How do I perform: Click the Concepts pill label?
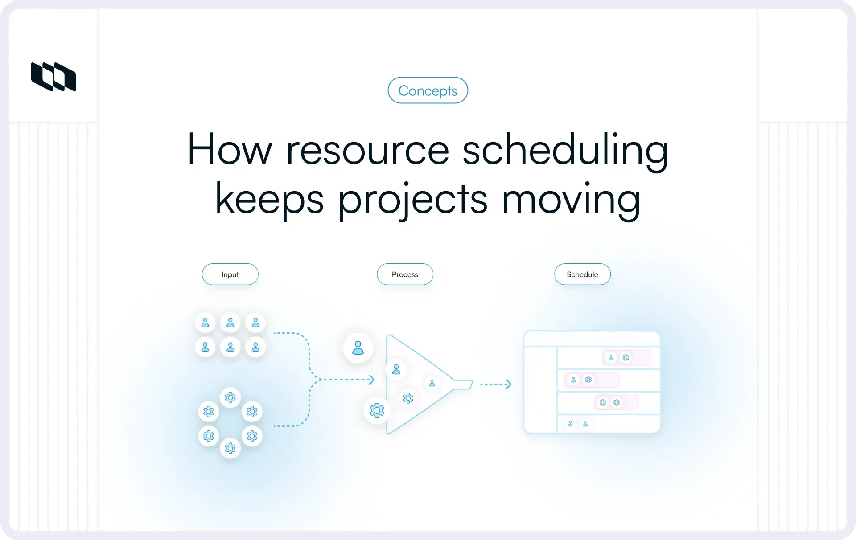point(428,90)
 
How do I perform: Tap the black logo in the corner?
point(53,77)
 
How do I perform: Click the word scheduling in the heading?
point(565,150)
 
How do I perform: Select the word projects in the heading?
point(413,199)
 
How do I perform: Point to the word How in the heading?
point(229,150)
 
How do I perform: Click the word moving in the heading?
point(571,199)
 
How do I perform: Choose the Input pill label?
point(230,274)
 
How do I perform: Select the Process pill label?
point(405,274)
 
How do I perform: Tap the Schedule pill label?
point(582,274)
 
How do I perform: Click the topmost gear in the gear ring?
point(230,397)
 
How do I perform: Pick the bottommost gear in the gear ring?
point(230,448)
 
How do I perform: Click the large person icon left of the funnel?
point(358,348)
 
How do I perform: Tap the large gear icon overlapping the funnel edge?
point(377,410)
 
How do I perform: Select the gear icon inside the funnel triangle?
point(408,398)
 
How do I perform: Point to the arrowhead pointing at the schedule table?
point(509,384)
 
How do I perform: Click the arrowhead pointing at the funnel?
point(371,380)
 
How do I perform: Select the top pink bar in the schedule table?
point(626,357)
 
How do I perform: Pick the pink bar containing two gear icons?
point(616,402)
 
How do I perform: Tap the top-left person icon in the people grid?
point(205,323)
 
